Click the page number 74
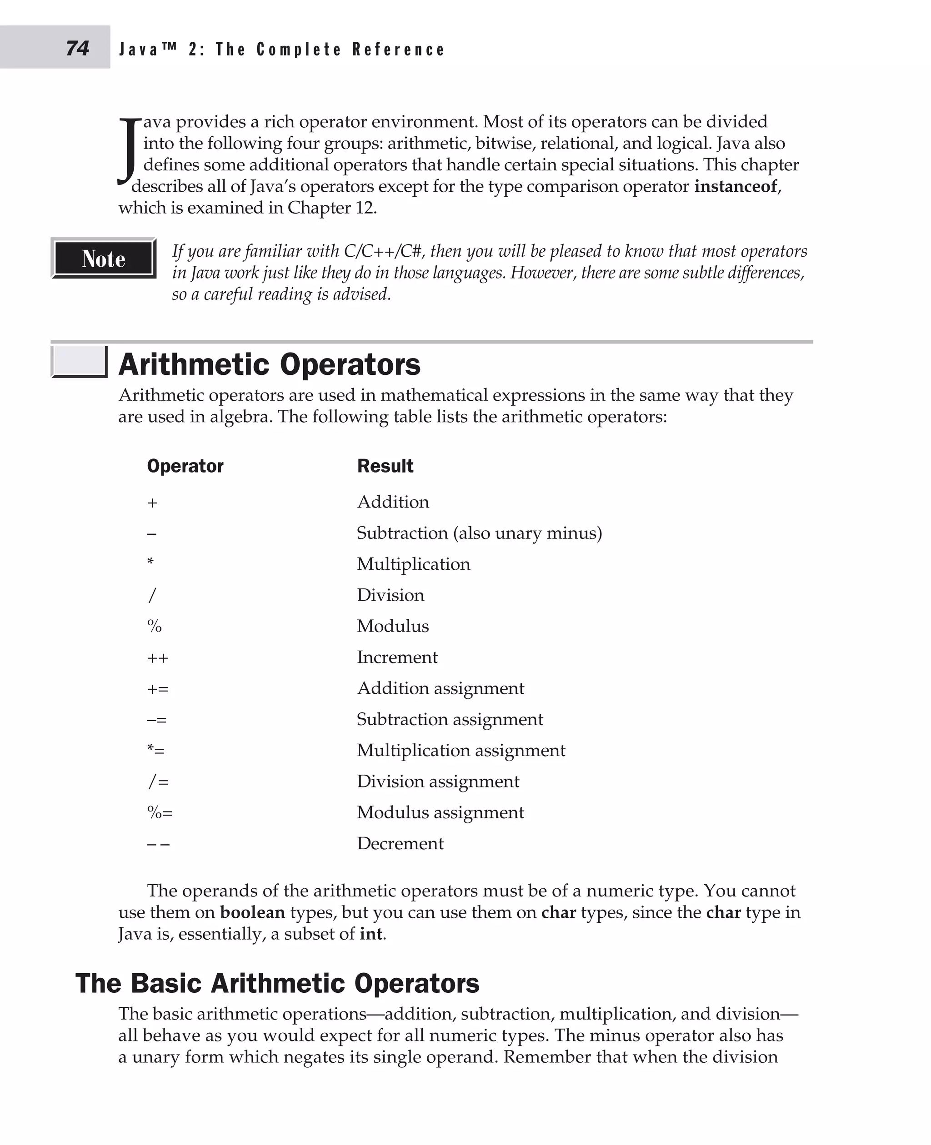pyautogui.click(x=78, y=48)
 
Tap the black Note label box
pyautogui.click(x=104, y=259)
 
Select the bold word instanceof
pyautogui.click(x=735, y=187)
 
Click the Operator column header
pyautogui.click(x=185, y=466)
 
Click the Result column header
pyautogui.click(x=385, y=466)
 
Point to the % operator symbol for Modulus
pyautogui.click(x=155, y=626)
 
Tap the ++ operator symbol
pyautogui.click(x=158, y=658)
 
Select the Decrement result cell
pyautogui.click(x=400, y=843)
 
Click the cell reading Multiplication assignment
pyautogui.click(x=460, y=750)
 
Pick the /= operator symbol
pyautogui.click(x=158, y=782)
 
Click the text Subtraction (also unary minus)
pyautogui.click(x=479, y=533)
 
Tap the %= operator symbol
pyautogui.click(x=160, y=813)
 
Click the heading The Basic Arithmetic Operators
pyautogui.click(x=277, y=983)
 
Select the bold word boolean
pyautogui.click(x=252, y=912)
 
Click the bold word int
pyautogui.click(x=371, y=933)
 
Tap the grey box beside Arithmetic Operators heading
pyautogui.click(x=80, y=361)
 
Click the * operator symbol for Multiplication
pyautogui.click(x=151, y=562)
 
